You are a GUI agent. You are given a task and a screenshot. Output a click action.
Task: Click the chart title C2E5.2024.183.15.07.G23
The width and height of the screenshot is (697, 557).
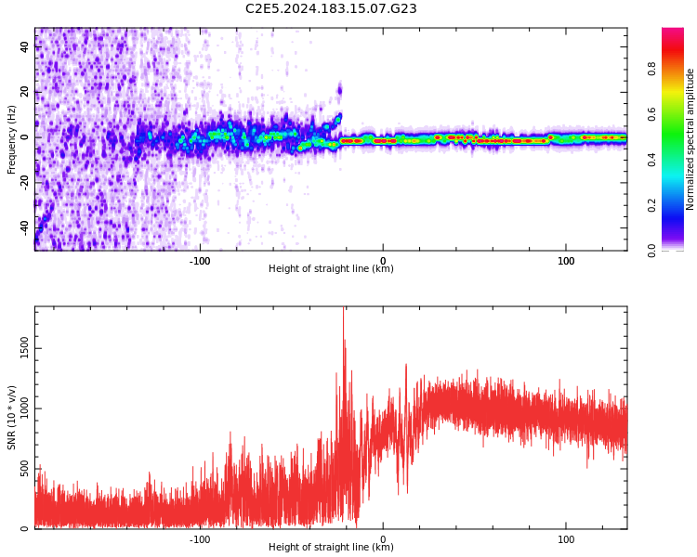331,8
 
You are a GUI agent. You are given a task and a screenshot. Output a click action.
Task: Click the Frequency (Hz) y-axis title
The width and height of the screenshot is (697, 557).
12,139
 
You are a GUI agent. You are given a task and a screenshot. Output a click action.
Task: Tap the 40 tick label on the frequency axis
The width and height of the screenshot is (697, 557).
25,46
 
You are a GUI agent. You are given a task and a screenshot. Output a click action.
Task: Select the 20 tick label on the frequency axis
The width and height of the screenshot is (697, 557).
25,92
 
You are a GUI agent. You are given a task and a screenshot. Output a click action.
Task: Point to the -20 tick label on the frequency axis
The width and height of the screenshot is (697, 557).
23,182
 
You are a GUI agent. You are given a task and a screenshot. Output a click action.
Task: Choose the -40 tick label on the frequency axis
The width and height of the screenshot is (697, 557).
23,227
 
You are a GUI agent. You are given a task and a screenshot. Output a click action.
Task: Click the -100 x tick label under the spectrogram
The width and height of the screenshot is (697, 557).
200,261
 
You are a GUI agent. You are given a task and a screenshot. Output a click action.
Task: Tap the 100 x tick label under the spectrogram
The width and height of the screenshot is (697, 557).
566,261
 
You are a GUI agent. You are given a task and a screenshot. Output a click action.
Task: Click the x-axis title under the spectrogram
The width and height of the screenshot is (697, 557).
331,269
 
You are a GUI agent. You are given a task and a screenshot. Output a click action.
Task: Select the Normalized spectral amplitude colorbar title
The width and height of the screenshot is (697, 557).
690,139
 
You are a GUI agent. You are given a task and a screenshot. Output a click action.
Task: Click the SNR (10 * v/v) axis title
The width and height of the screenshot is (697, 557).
12,418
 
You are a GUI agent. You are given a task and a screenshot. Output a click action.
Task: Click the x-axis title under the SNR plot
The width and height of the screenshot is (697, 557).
331,548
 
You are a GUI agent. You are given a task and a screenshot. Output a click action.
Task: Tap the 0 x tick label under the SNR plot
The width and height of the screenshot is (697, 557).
383,539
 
